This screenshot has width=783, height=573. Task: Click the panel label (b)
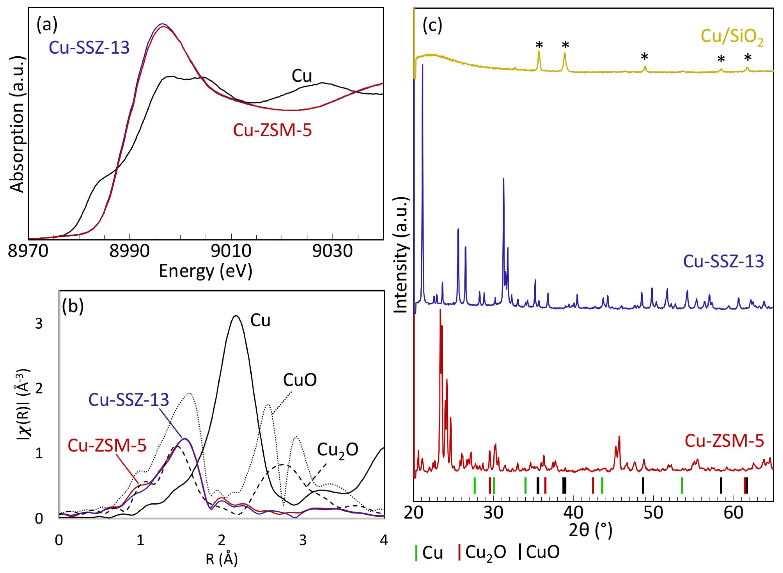tap(73, 306)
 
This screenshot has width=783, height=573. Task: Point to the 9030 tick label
tap(332, 251)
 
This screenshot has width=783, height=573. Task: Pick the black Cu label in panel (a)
tap(301, 76)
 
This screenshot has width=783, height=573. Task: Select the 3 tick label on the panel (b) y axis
tap(39, 324)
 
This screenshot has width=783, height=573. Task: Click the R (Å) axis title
tap(221, 559)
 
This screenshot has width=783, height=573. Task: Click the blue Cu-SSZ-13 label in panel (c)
tap(723, 261)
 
